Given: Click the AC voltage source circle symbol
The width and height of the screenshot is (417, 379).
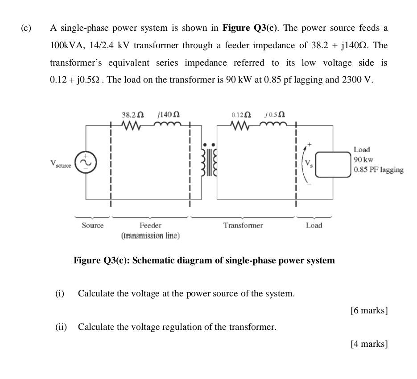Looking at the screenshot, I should click(x=86, y=162).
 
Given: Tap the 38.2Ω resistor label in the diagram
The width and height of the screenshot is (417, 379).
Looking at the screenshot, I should click(x=132, y=115).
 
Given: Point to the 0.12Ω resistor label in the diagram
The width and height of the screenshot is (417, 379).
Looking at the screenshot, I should click(x=241, y=115).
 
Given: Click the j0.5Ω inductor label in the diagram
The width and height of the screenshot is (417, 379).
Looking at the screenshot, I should click(x=275, y=115).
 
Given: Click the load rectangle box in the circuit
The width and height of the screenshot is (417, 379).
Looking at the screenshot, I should click(x=334, y=164).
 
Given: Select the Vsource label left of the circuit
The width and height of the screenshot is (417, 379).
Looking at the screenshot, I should click(x=61, y=164).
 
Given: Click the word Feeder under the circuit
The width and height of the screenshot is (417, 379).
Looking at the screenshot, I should click(x=150, y=225).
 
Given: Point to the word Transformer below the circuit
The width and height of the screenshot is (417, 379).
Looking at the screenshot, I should click(x=243, y=225).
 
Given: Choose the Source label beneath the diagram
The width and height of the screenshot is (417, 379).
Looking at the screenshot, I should click(x=92, y=225).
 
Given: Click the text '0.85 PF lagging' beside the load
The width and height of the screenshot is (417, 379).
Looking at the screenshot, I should click(x=378, y=170).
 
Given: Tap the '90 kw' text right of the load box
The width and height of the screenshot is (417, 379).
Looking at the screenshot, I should click(x=363, y=159).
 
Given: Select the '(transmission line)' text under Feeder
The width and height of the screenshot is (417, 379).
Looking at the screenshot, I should click(x=150, y=236).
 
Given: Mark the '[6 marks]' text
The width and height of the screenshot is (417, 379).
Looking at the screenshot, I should click(x=369, y=310).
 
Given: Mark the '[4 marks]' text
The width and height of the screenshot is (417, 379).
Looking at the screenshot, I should click(x=369, y=344).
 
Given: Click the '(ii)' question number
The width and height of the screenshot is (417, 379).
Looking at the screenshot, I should click(x=61, y=327).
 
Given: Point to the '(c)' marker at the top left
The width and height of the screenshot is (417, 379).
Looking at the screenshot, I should click(x=26, y=28).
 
